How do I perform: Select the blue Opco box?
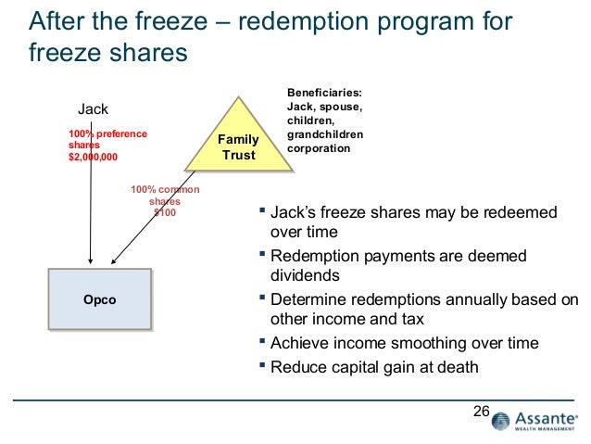(x=100, y=299)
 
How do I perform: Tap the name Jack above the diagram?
(x=93, y=108)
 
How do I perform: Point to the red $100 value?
(x=164, y=212)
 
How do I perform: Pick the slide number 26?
(x=480, y=411)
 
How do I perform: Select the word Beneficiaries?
(x=324, y=93)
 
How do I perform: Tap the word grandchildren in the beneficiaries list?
(x=324, y=133)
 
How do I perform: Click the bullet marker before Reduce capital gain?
(x=264, y=366)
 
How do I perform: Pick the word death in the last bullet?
(x=458, y=366)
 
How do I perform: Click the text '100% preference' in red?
(x=107, y=134)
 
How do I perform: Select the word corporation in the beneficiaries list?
(x=320, y=147)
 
